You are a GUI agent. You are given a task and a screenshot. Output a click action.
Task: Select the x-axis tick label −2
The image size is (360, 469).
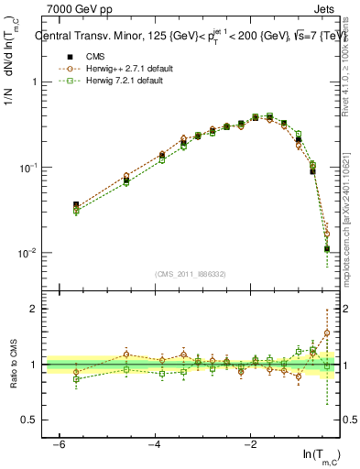click(x=250, y=444)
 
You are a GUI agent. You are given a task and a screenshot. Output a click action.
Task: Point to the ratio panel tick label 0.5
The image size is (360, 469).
click(x=28, y=420)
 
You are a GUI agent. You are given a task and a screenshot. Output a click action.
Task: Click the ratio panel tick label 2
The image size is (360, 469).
click(x=33, y=309)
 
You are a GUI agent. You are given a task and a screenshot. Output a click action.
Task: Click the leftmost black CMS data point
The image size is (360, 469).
click(x=76, y=205)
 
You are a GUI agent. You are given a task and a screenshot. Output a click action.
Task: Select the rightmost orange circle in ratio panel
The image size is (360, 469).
click(x=327, y=333)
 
